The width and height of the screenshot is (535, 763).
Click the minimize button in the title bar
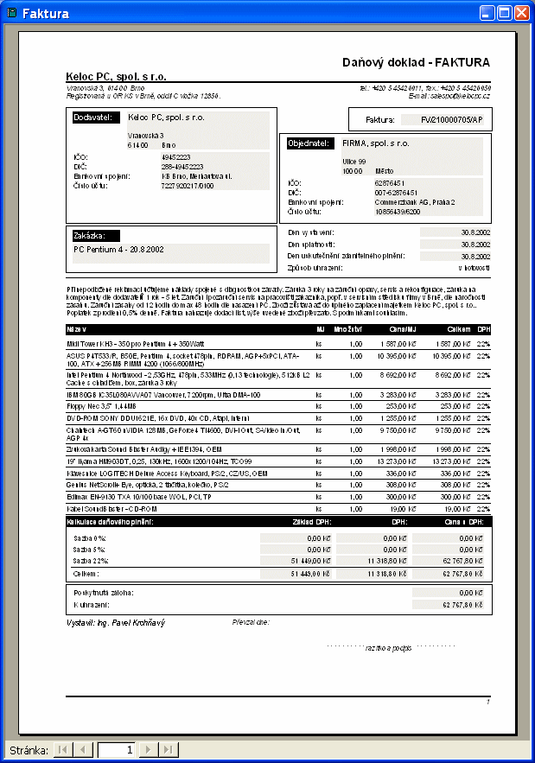(x=487, y=13)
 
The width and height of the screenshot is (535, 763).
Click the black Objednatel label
(x=309, y=143)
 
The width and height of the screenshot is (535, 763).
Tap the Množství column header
(x=348, y=329)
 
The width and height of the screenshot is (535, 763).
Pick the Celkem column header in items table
(x=458, y=329)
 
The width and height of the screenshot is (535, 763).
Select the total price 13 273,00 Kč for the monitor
(x=452, y=461)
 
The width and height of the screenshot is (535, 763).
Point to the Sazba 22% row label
(x=89, y=561)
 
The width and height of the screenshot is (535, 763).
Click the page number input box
(x=118, y=749)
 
